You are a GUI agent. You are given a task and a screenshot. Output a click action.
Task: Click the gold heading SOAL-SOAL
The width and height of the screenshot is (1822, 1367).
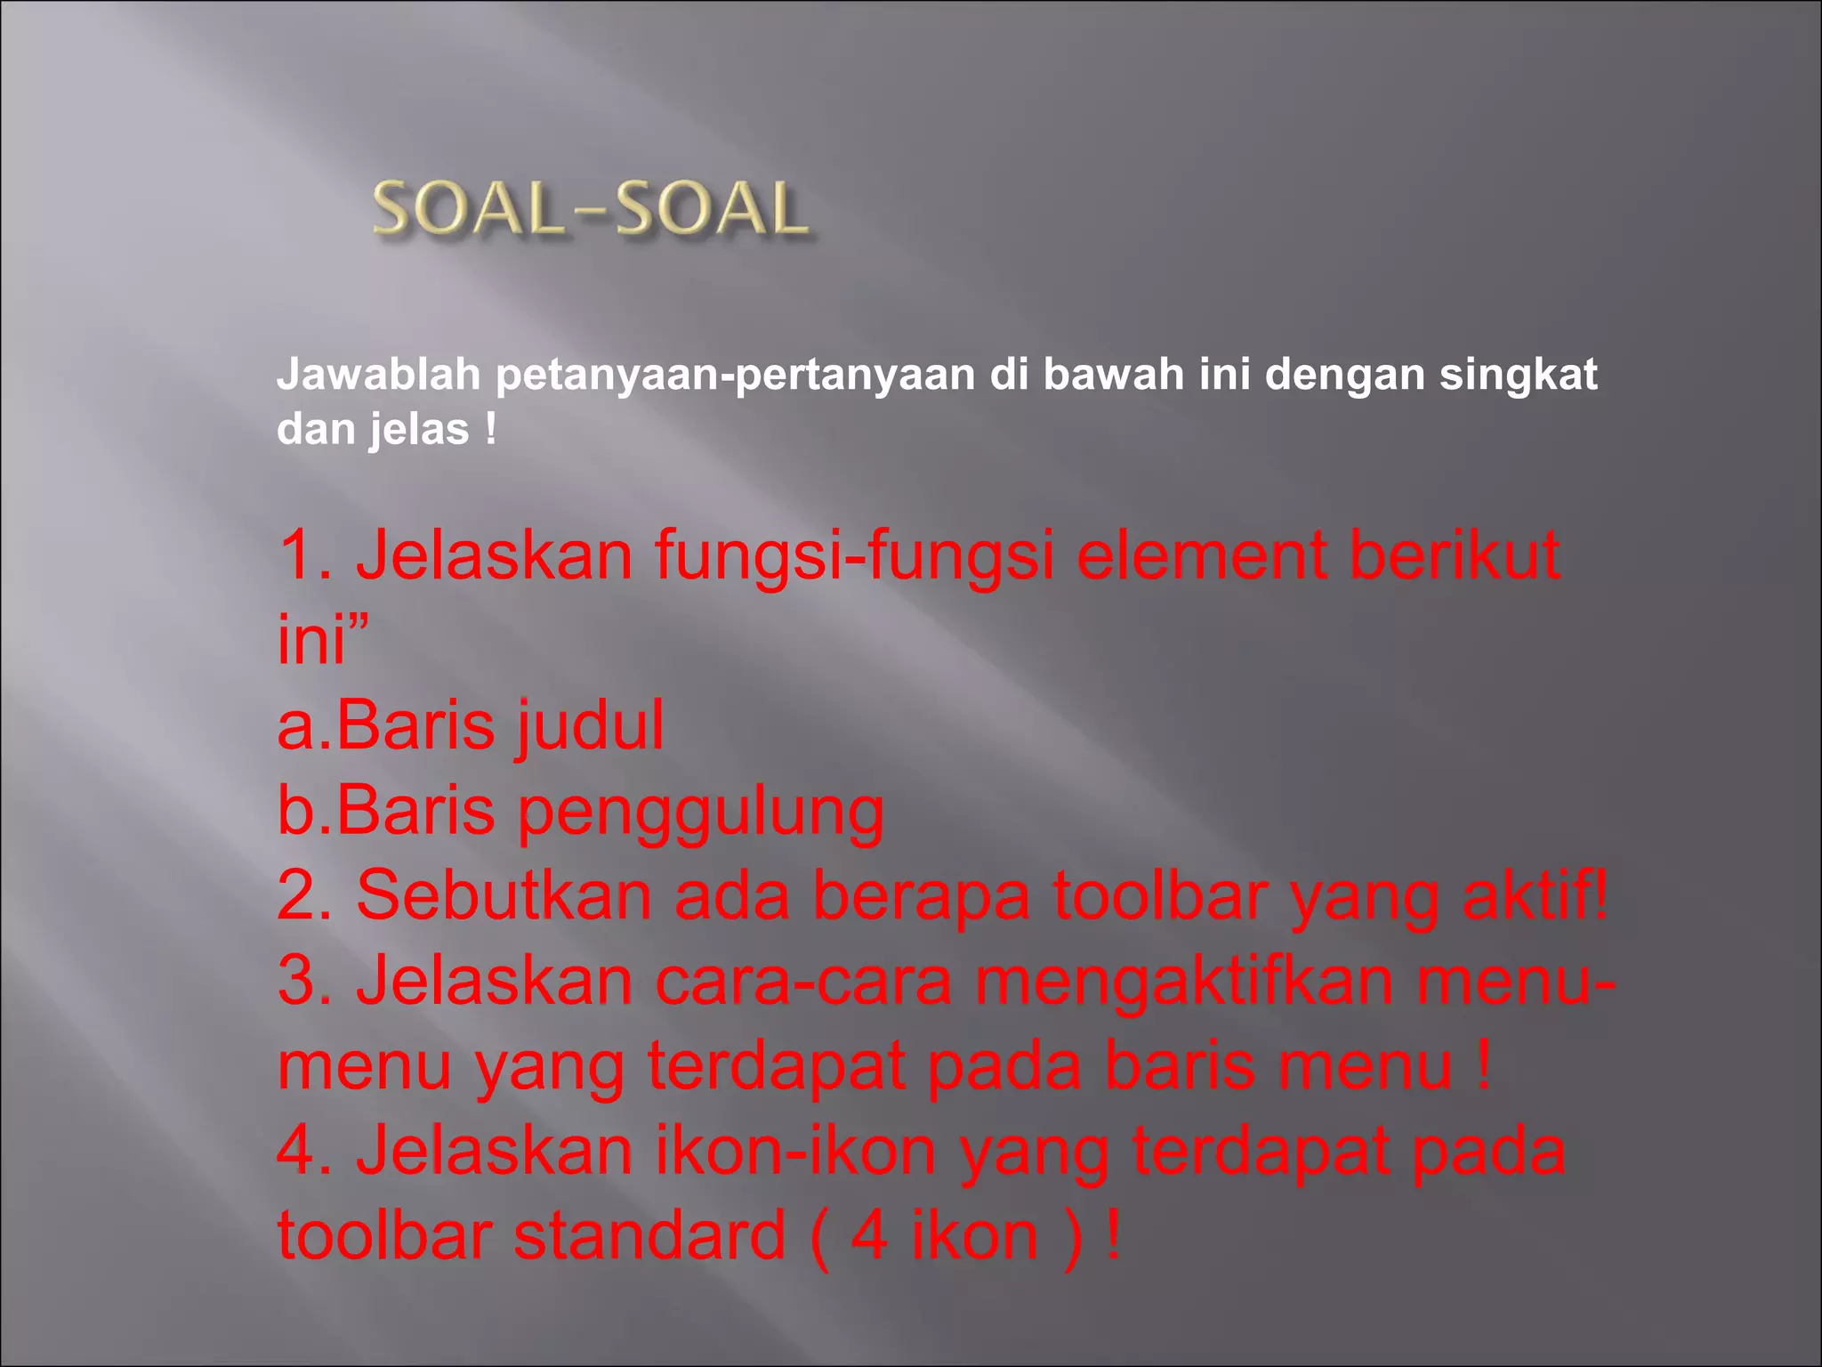click(591, 210)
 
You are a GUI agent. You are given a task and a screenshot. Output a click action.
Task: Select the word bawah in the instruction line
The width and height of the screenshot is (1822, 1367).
click(1113, 375)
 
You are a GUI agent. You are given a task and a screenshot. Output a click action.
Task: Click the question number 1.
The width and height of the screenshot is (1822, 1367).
click(302, 555)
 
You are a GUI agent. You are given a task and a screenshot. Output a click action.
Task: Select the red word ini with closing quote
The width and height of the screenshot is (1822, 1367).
click(320, 639)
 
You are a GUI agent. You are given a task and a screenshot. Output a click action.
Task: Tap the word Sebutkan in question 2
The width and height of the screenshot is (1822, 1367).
click(504, 895)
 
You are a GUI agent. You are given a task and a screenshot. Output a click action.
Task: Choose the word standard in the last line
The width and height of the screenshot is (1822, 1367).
click(649, 1235)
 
